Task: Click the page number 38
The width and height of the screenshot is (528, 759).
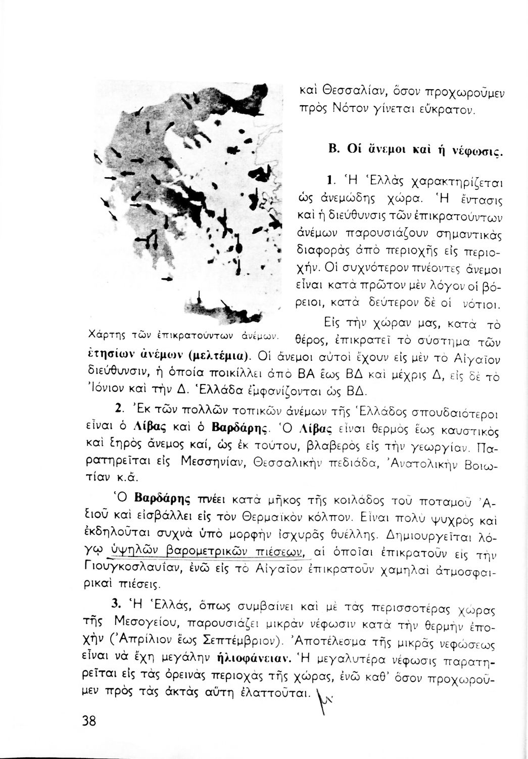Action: click(88, 721)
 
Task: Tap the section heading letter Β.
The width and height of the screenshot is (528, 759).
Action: click(333, 150)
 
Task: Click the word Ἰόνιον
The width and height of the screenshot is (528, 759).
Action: click(103, 390)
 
